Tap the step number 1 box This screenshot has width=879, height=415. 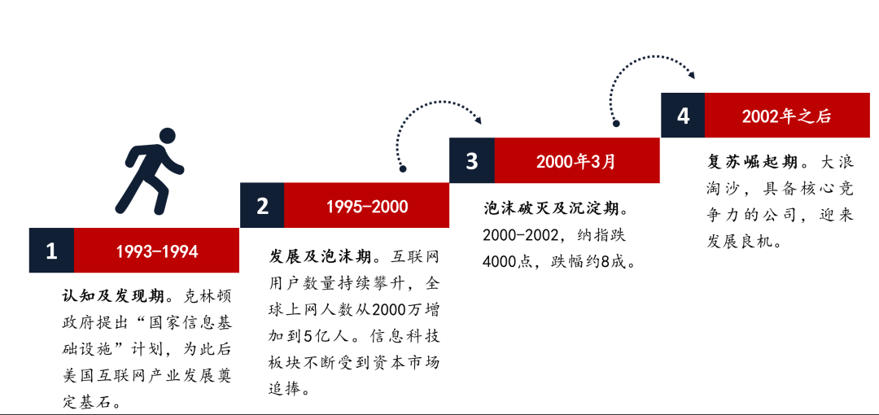(x=51, y=250)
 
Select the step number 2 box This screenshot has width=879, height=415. (x=262, y=205)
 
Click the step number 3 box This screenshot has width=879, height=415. (x=471, y=160)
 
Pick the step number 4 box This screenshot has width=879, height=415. (x=683, y=116)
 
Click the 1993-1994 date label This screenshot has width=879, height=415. (x=157, y=251)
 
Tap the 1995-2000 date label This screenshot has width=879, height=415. (x=367, y=207)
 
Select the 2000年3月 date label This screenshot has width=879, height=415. (x=575, y=161)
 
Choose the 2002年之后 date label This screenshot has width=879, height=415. (x=786, y=116)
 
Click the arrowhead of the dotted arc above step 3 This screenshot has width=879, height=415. (x=478, y=120)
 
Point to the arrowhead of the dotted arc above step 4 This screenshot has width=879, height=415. (x=691, y=75)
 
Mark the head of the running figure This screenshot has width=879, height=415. (x=167, y=136)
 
